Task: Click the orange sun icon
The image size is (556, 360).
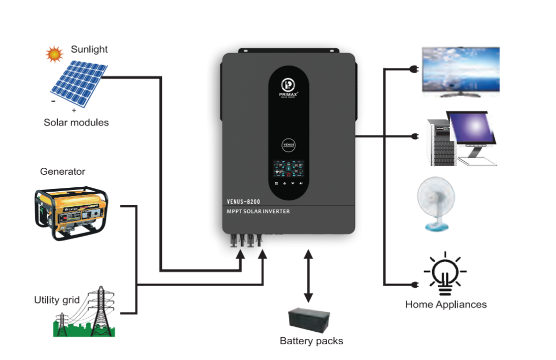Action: [54, 54]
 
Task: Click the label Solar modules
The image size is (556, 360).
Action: [76, 123]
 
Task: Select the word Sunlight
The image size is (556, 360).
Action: [89, 49]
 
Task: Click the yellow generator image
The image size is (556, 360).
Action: [71, 212]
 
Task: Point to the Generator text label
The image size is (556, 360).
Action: [62, 172]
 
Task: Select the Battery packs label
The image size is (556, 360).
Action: [311, 341]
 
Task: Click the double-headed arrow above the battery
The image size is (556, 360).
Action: [308, 275]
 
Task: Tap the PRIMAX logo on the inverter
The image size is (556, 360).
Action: [289, 87]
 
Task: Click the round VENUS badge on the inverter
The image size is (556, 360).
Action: [289, 146]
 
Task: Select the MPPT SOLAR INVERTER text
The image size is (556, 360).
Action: [258, 211]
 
